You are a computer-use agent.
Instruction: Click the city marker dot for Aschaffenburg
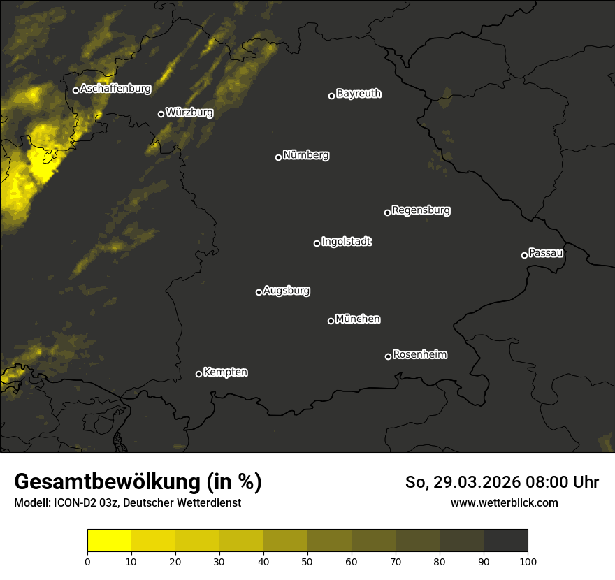pyautogui.click(x=75, y=90)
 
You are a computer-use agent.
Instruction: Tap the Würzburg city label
pyautogui.click(x=189, y=112)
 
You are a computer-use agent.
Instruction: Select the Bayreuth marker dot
pyautogui.click(x=331, y=96)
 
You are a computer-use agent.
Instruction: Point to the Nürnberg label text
pyautogui.click(x=306, y=155)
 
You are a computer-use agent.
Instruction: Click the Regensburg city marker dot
pyautogui.click(x=387, y=212)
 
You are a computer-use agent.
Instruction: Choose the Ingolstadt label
pyautogui.click(x=347, y=242)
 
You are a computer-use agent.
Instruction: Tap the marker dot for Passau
pyautogui.click(x=524, y=255)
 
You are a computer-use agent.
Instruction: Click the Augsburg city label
pyautogui.click(x=287, y=291)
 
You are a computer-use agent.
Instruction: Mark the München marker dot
pyautogui.click(x=331, y=321)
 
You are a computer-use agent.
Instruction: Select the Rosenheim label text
pyautogui.click(x=419, y=355)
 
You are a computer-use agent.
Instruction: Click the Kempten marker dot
pyautogui.click(x=198, y=374)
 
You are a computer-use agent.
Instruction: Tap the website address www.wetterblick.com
pyautogui.click(x=505, y=502)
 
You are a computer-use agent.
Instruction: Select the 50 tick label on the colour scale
pyautogui.click(x=307, y=561)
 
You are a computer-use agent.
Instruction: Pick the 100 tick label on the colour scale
pyautogui.click(x=528, y=561)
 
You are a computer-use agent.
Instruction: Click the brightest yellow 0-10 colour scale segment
pyautogui.click(x=110, y=541)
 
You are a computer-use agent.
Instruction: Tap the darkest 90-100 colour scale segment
pyautogui.click(x=505, y=541)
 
